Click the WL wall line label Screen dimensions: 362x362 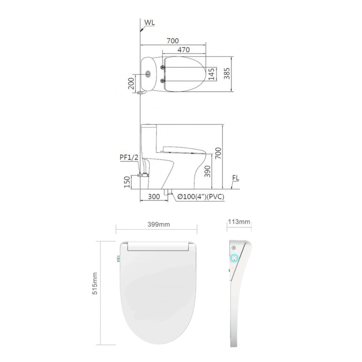tap(150, 22)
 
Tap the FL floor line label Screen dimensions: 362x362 tap(236, 178)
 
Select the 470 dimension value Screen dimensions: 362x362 tap(184, 50)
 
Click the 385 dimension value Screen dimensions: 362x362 tap(227, 75)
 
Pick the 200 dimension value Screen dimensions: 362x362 tap(131, 84)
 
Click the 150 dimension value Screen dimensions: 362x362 tap(127, 182)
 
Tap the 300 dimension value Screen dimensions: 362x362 tap(154, 197)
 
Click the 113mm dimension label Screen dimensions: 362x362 tap(239, 222)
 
